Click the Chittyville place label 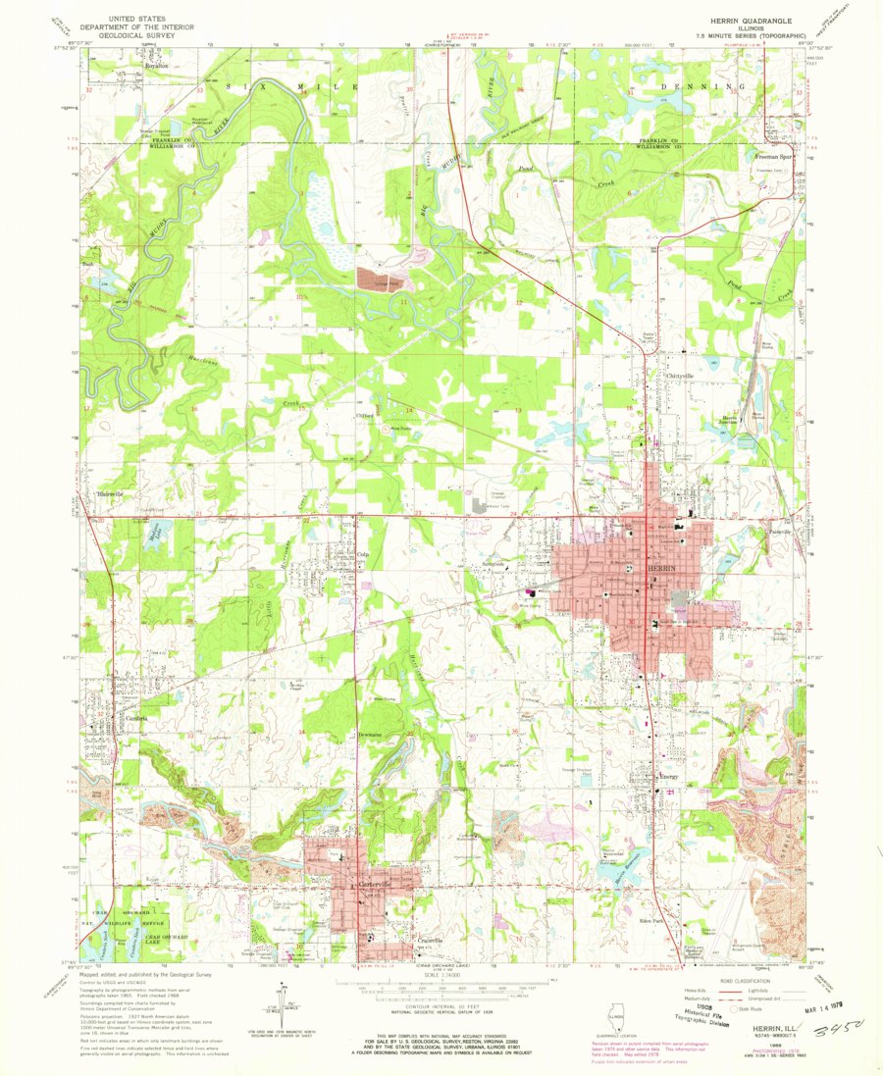[x=679, y=376]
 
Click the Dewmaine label [x=370, y=733]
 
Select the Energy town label [x=669, y=777]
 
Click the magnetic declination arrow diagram [x=271, y=1016]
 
